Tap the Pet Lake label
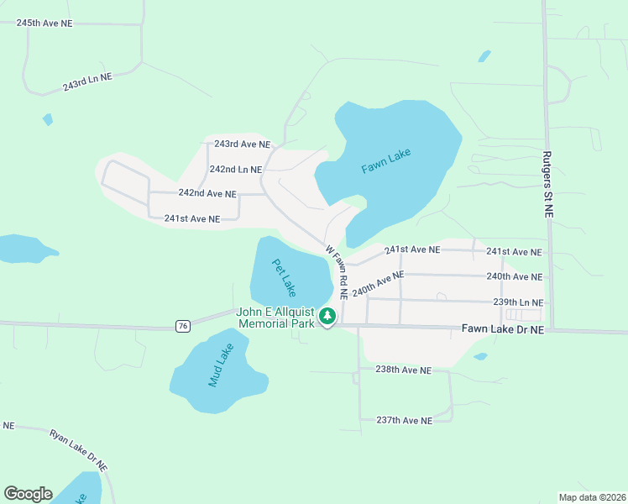point(284,277)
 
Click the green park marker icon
point(327,317)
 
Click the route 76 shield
point(183,325)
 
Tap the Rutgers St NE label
point(547,186)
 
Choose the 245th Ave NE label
point(44,23)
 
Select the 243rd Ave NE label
point(242,144)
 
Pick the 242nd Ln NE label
point(236,169)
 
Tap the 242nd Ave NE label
point(207,193)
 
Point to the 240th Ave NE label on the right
point(515,276)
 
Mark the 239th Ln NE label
point(518,302)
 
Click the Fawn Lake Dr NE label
point(503,331)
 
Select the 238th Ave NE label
point(403,370)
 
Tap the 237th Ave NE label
point(404,420)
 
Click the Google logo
point(28,494)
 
